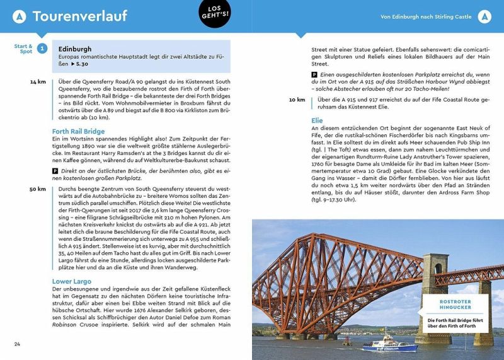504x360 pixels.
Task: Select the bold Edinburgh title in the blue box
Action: click(x=74, y=49)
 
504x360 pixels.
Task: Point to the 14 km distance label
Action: click(x=37, y=82)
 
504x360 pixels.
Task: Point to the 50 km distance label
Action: click(x=37, y=189)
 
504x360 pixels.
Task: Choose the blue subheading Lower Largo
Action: click(x=71, y=281)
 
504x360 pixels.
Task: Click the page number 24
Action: click(x=18, y=344)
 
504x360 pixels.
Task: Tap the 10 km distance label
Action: click(x=297, y=100)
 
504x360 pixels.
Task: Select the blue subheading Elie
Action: click(x=317, y=120)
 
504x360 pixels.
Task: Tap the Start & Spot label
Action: click(x=23, y=49)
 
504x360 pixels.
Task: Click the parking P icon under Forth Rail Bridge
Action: click(x=55, y=171)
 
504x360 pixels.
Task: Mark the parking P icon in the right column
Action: click(x=314, y=74)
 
